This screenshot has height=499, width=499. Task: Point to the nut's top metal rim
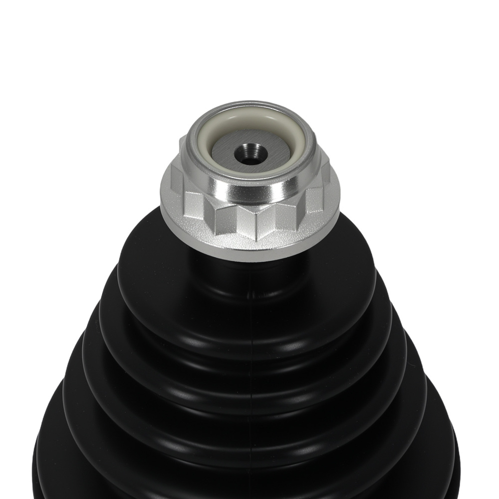coord(249,106)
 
